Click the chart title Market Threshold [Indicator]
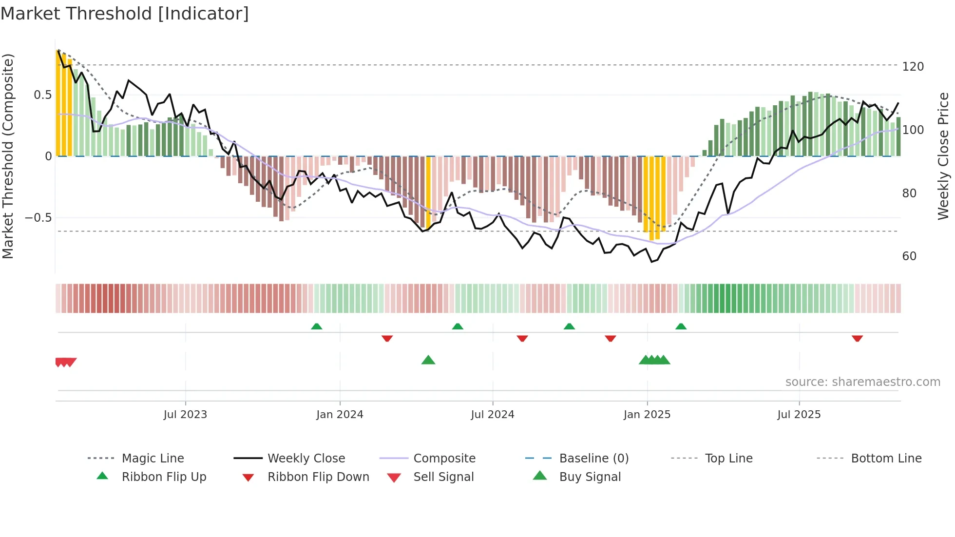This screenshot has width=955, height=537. tap(125, 14)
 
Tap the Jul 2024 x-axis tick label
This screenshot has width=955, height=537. tap(492, 414)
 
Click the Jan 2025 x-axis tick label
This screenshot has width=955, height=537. tap(647, 414)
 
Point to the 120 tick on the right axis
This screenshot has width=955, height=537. tap(913, 66)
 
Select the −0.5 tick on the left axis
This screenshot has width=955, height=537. tap(38, 217)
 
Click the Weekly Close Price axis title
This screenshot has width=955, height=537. tap(943, 156)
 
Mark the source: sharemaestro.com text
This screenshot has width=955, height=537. tap(862, 382)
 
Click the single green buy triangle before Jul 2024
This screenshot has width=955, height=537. tap(428, 360)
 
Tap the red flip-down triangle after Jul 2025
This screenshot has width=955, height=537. tap(857, 338)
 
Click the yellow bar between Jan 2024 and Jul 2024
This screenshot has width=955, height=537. tap(428, 192)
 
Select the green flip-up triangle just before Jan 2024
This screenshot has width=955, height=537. tap(316, 326)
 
